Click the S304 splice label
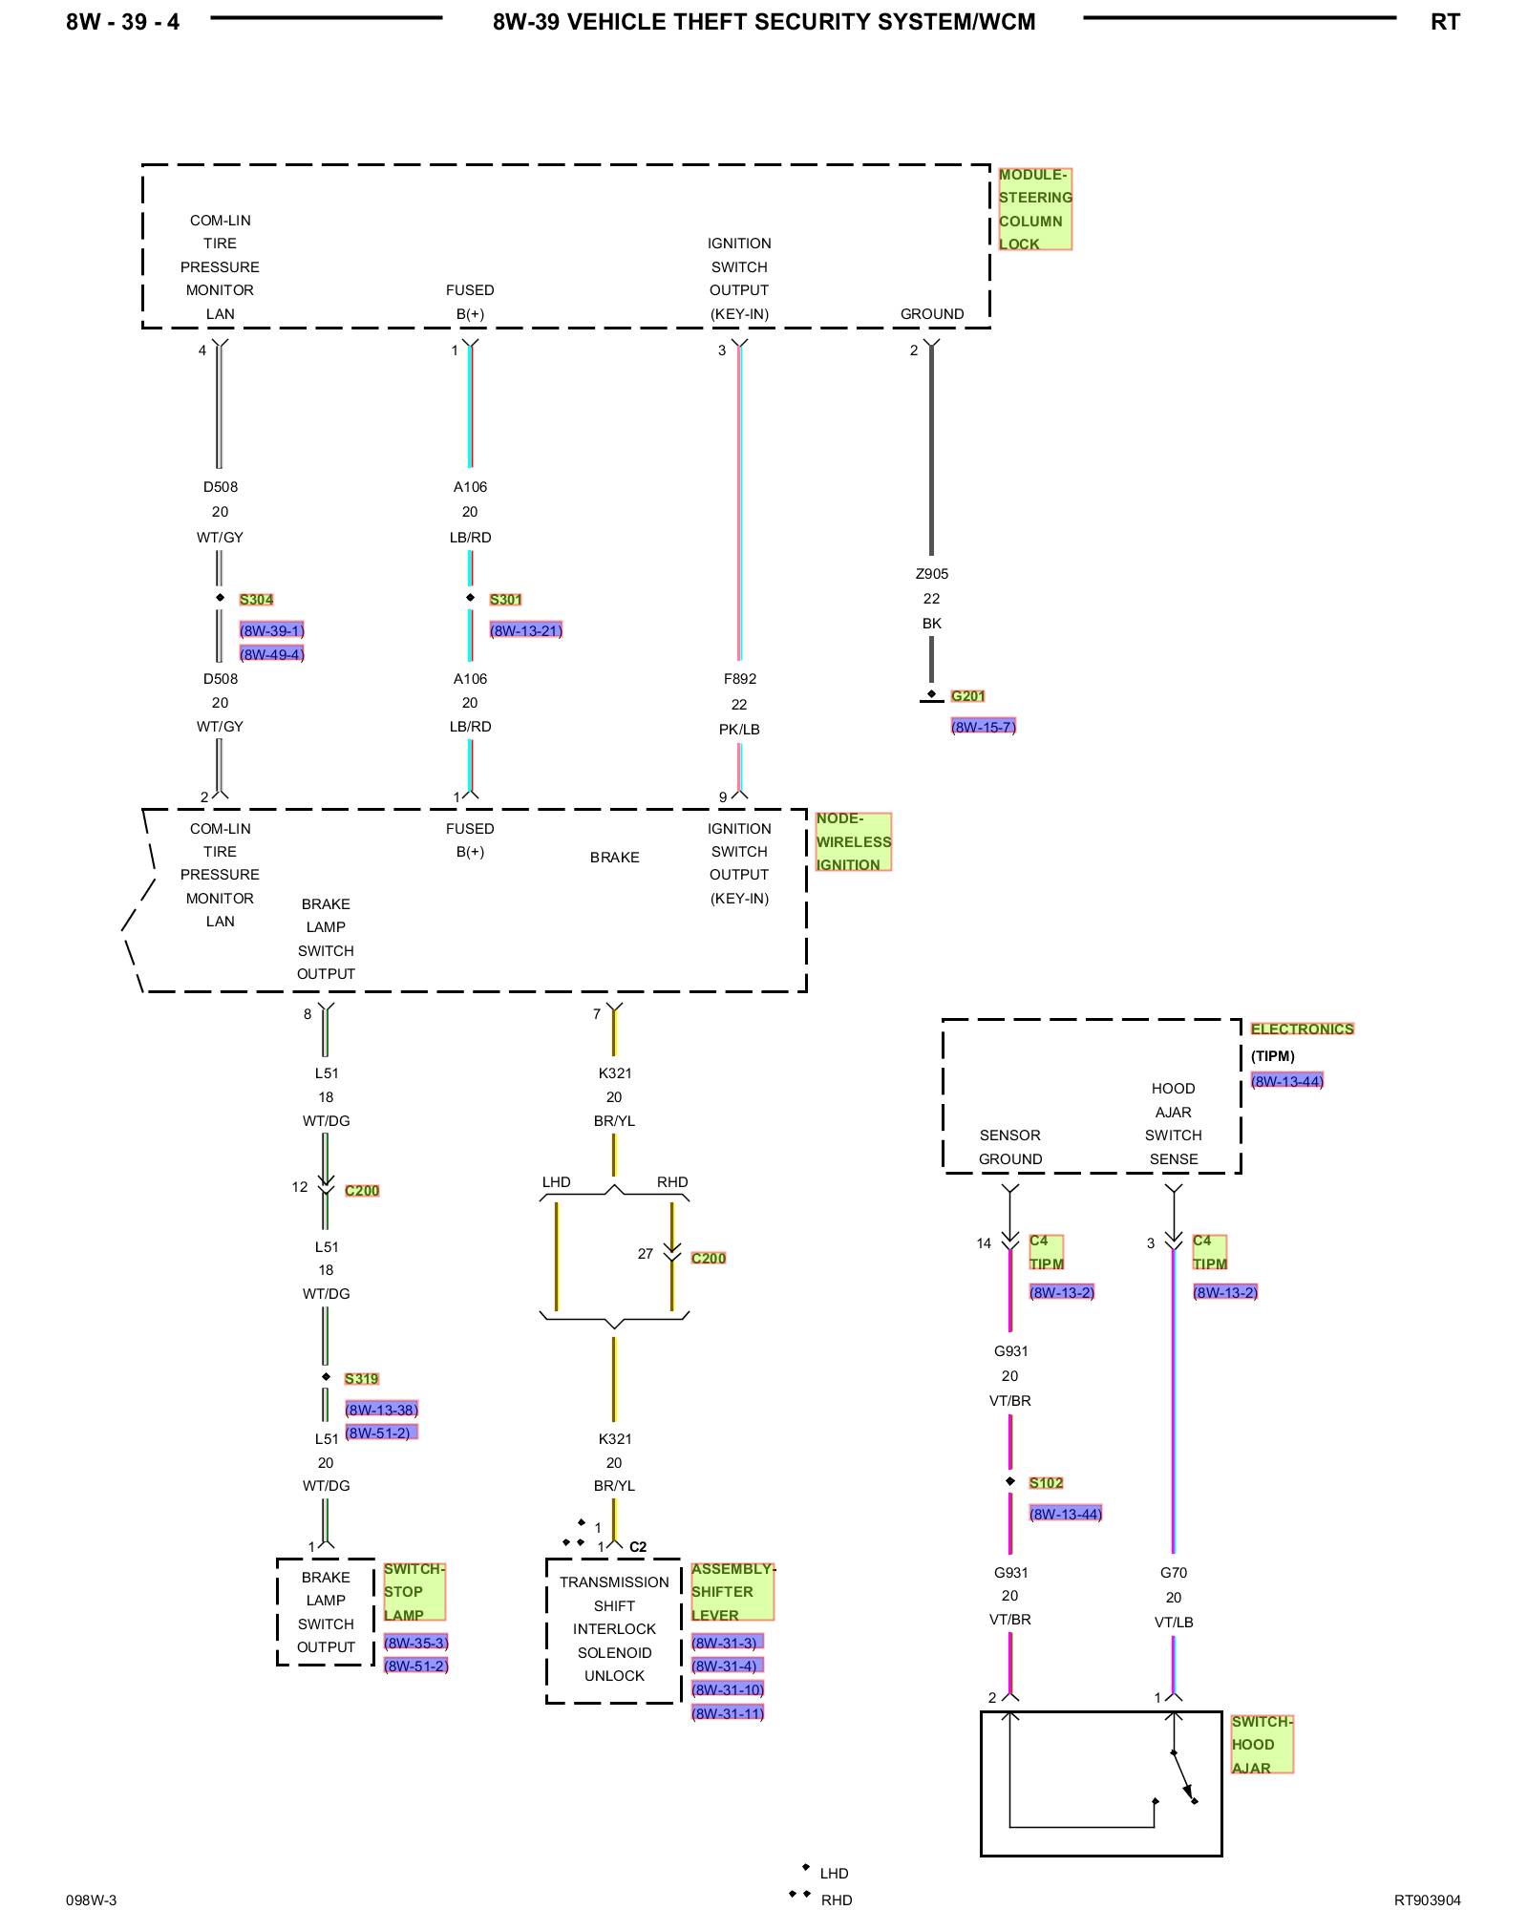coord(256,600)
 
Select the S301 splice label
coord(506,600)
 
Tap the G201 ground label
coord(967,696)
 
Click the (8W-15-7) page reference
coord(984,727)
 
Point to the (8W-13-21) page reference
coord(526,630)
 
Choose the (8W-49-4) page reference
coord(272,654)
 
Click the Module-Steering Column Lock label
coord(1035,209)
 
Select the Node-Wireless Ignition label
coord(853,841)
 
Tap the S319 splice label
coord(362,1379)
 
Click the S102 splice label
coord(1047,1483)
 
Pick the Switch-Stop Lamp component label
coord(414,1592)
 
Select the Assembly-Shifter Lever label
coord(732,1592)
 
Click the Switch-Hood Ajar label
coord(1262,1745)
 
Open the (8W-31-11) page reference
coord(728,1713)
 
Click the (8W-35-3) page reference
coord(416,1643)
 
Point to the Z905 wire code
coord(932,574)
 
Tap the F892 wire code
coord(740,679)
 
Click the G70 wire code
coord(1174,1573)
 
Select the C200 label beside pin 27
coord(709,1259)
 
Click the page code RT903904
coord(1428,1900)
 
